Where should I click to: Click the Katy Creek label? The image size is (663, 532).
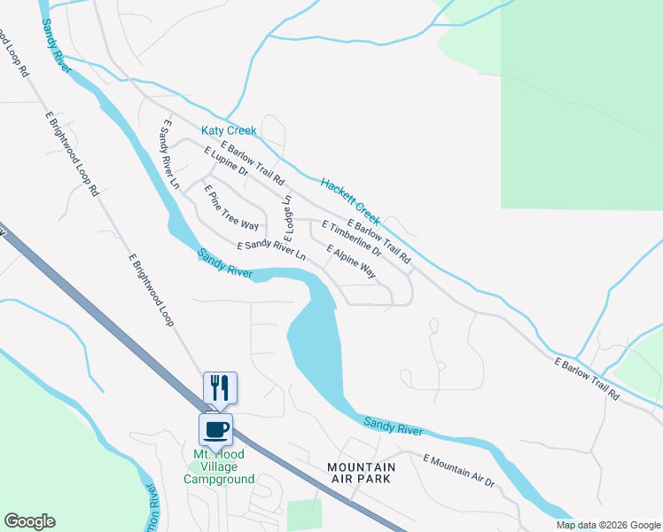[229, 130]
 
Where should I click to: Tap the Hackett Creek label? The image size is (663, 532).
[350, 201]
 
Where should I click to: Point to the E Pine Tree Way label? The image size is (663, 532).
[231, 207]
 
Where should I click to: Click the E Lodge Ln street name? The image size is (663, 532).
[288, 218]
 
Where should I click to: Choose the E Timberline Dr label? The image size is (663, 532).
[351, 239]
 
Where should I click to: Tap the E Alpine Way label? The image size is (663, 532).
[351, 262]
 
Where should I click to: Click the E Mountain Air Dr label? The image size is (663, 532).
[458, 470]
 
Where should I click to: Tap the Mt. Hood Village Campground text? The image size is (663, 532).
[219, 467]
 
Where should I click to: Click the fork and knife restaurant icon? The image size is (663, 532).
[220, 387]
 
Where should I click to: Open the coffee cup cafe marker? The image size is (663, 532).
[215, 430]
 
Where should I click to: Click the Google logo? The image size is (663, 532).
[29, 521]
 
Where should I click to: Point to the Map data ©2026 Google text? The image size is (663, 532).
[607, 525]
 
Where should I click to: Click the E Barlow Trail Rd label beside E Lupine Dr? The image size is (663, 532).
[253, 158]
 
